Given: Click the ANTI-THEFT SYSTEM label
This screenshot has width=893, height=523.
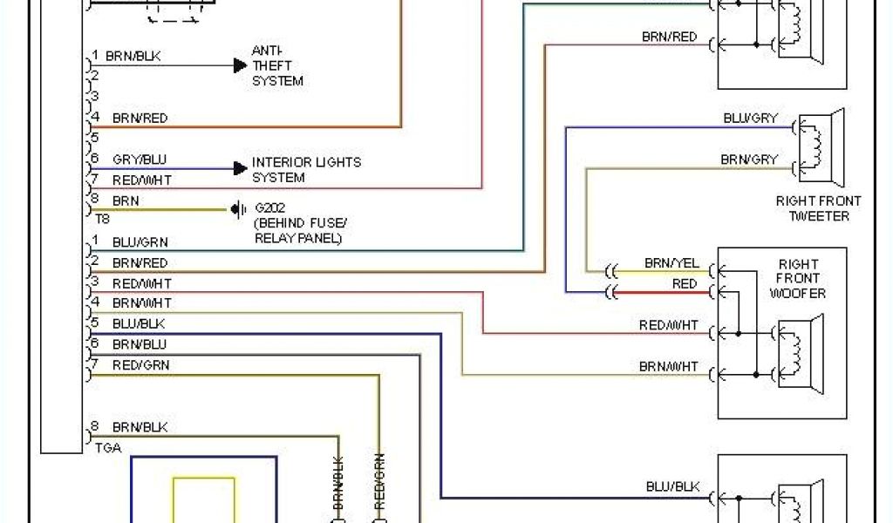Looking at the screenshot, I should [277, 65].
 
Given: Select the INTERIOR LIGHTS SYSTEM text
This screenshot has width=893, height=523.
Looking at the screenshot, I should [306, 170].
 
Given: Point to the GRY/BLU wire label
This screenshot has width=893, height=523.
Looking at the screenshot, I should [140, 160].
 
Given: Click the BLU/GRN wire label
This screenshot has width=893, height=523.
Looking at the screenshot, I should [140, 241].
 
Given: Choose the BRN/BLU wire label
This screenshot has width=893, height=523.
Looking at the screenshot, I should [140, 344].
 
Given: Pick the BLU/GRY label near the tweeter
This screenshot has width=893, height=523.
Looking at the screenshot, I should [750, 118].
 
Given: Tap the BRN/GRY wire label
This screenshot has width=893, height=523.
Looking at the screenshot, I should [748, 160].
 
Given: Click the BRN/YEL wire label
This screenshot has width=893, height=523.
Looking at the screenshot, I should [671, 263].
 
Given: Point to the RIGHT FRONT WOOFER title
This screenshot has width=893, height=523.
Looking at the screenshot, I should [798, 279].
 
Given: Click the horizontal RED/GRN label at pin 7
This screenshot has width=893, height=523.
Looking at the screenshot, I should [141, 365].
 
